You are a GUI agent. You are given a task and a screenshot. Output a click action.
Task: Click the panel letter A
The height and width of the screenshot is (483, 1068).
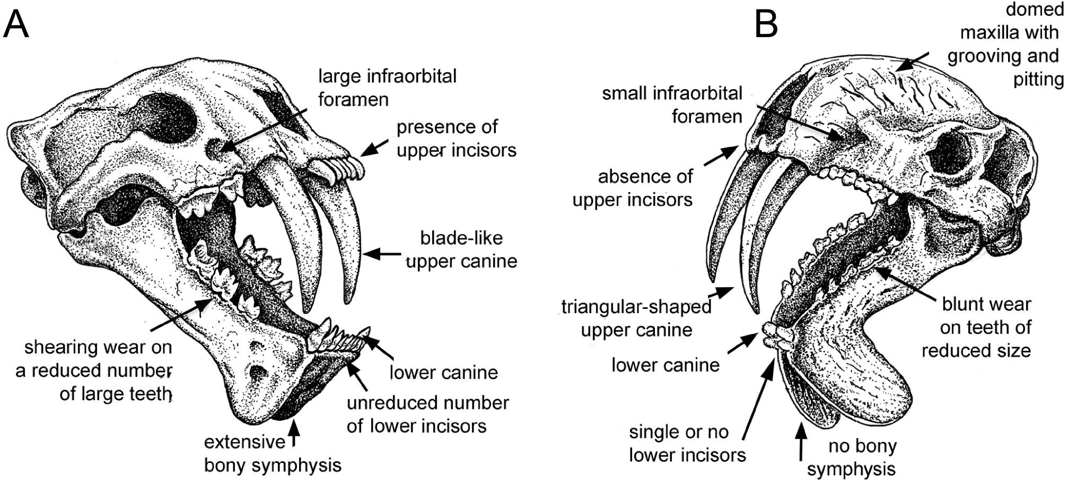tap(16, 24)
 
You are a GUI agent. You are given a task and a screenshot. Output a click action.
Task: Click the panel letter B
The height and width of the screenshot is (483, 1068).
tap(766, 24)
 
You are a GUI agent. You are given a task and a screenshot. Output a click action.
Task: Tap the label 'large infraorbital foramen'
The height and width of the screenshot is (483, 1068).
tap(387, 88)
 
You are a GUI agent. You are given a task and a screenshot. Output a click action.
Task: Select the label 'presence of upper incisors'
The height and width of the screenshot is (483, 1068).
tap(456, 139)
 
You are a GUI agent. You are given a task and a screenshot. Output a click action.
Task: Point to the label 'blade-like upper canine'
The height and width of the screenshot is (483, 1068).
tap(461, 249)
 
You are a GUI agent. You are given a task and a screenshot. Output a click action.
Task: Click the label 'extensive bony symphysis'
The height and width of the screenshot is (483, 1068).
tap(273, 454)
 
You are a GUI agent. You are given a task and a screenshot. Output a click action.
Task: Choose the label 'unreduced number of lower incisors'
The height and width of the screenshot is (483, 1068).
tap(427, 415)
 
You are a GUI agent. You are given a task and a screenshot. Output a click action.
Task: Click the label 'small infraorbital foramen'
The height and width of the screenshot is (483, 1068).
tap(672, 105)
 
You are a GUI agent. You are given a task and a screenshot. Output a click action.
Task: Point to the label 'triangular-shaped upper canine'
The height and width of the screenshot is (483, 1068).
tap(636, 318)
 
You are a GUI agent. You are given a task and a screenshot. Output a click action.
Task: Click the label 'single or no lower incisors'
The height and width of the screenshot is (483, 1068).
tap(687, 443)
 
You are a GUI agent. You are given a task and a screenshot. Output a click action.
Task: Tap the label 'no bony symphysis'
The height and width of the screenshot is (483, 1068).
tap(862, 458)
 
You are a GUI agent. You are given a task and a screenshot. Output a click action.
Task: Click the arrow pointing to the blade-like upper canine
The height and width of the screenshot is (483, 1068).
tap(382, 254)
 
